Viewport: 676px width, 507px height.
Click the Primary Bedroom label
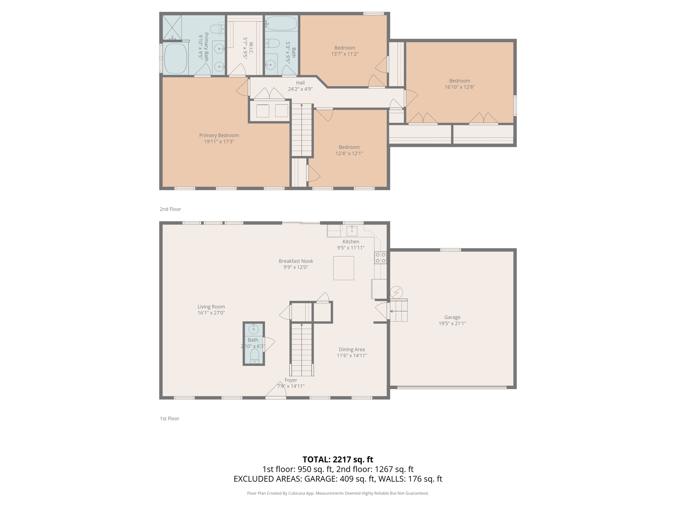219,135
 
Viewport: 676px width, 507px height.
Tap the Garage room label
452,317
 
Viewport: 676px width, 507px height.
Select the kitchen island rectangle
343,268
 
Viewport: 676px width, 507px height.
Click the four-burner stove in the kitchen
380,258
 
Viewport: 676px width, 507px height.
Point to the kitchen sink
352,231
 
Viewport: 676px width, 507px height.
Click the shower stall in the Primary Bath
172,27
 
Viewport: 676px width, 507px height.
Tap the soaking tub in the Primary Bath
176,58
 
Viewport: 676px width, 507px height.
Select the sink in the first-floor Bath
253,329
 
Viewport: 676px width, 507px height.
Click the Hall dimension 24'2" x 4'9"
300,89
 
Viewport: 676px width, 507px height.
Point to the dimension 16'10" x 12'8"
459,87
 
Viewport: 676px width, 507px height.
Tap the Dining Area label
352,349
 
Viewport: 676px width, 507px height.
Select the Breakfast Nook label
296,261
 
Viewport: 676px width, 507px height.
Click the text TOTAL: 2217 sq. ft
338,459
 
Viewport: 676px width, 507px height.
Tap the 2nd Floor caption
170,209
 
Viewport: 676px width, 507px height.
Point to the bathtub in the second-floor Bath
282,23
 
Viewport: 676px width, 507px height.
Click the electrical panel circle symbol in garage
396,292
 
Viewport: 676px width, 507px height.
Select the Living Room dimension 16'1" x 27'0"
211,313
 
